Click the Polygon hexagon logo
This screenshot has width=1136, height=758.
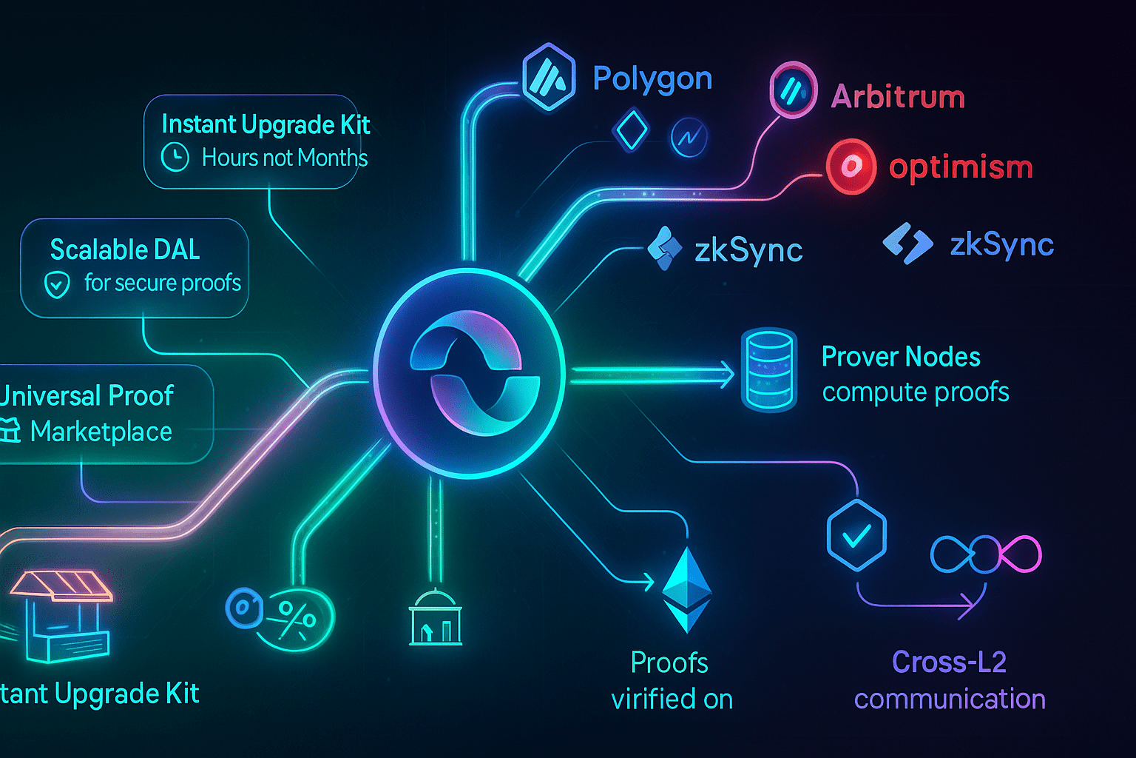pos(549,77)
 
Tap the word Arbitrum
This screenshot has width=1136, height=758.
pos(898,97)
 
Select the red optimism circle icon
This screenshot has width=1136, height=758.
pos(851,166)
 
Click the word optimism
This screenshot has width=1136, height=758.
pos(961,167)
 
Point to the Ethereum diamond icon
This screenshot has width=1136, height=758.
pos(687,590)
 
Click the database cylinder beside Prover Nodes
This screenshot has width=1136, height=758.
pos(768,369)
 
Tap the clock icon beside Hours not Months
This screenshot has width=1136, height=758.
pos(175,157)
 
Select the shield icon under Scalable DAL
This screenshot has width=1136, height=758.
pos(58,284)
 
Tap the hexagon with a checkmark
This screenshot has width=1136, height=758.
pos(856,534)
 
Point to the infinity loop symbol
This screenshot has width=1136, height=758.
pos(986,554)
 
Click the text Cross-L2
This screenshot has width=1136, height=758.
pos(949,662)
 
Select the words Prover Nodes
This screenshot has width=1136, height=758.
pos(901,357)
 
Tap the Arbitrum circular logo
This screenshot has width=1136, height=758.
pos(793,91)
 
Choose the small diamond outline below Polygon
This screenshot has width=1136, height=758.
pos(631,130)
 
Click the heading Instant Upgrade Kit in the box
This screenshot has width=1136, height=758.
pos(266,124)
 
